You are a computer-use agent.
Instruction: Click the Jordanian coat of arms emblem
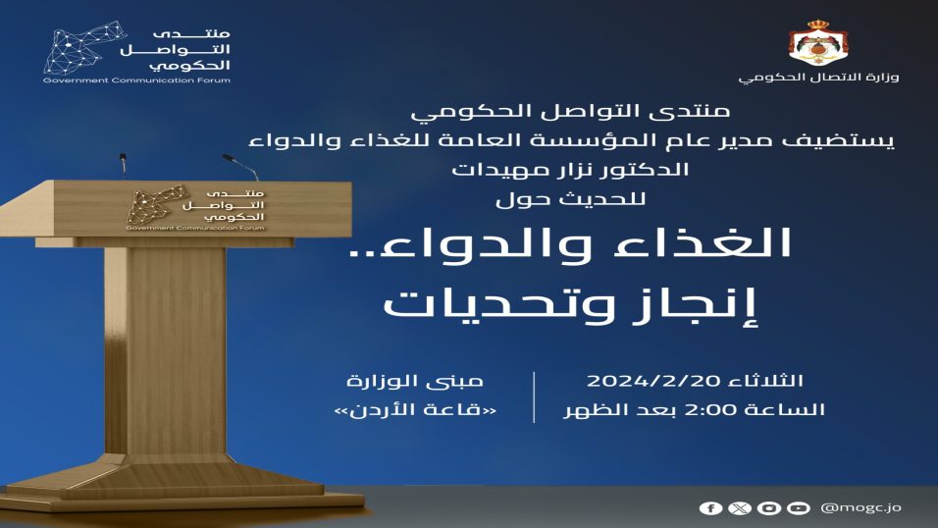tap(818, 43)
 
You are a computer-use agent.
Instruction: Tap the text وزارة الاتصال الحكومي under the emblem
tap(818, 78)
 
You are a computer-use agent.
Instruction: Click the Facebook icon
tap(710, 508)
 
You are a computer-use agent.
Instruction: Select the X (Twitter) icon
tap(740, 508)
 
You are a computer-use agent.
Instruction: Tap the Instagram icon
tap(768, 508)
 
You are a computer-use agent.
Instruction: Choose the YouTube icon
tap(798, 508)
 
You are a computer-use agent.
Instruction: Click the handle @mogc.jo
tap(860, 507)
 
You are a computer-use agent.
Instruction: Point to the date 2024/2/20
tap(655, 381)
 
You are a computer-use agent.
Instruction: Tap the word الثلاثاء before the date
tap(766, 381)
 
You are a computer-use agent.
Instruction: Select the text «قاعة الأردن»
tap(415, 410)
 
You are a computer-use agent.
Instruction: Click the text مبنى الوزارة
tap(415, 381)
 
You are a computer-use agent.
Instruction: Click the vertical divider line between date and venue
tap(534, 396)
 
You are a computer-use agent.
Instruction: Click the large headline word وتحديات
tap(498, 305)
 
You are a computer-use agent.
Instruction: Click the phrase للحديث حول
tap(571, 198)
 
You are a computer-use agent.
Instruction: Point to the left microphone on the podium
tap(123, 165)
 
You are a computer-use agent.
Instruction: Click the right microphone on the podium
tap(240, 167)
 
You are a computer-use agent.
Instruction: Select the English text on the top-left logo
tap(136, 80)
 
